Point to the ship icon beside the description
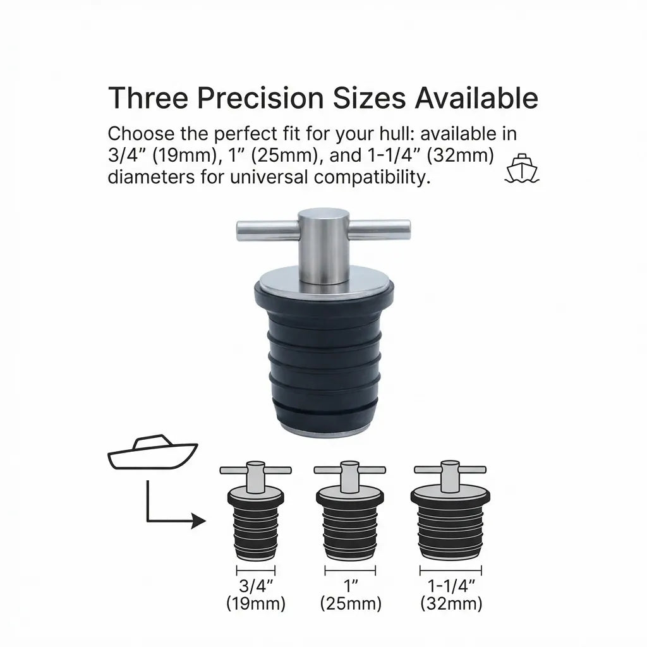(x=521, y=167)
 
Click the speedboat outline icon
(x=152, y=452)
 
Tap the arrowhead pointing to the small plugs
(x=198, y=521)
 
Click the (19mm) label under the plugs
(x=256, y=603)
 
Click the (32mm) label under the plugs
(x=451, y=603)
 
